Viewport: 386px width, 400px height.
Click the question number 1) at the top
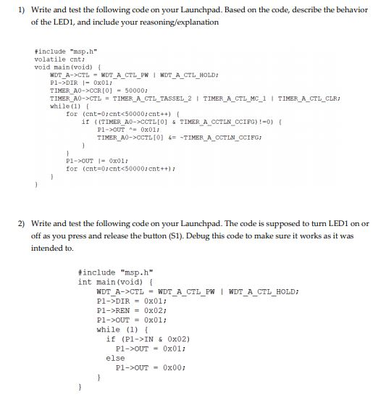pos(20,11)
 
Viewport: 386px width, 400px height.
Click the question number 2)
pos(20,225)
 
